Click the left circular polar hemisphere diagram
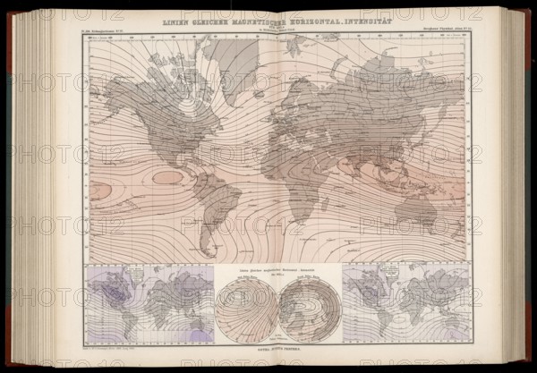click(246, 310)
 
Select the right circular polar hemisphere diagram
click(309, 310)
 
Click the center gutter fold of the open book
click(277, 179)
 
